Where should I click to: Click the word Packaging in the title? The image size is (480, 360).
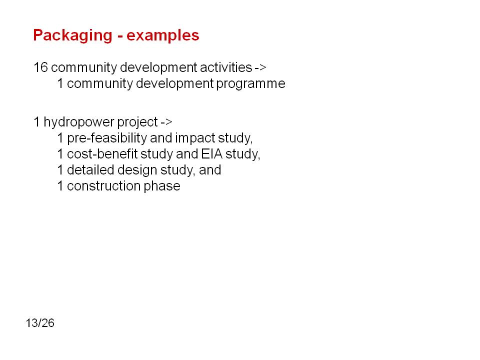tap(73, 35)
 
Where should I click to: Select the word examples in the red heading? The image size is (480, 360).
tap(163, 35)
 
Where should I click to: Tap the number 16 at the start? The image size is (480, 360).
tap(40, 67)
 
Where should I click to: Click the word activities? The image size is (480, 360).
tap(226, 67)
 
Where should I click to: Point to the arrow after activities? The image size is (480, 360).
tap(260, 67)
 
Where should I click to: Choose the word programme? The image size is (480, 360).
tap(250, 84)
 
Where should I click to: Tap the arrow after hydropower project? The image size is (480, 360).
tap(166, 122)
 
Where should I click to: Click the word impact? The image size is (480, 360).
tap(195, 138)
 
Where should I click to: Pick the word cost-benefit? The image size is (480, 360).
tap(102, 153)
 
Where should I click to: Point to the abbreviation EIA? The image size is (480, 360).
tap(212, 153)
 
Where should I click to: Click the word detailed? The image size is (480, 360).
tap(90, 170)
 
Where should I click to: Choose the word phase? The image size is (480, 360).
tap(162, 186)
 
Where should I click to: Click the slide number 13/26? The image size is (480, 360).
tap(40, 323)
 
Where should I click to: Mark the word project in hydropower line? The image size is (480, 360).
tap(137, 122)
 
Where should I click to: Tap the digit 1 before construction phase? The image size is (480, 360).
tap(60, 186)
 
